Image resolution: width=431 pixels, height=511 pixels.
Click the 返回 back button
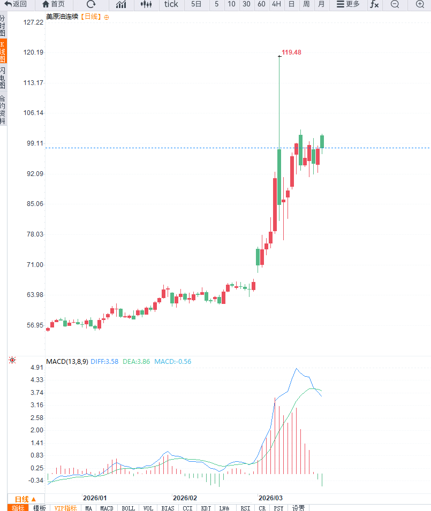pyautogui.click(x=16, y=4)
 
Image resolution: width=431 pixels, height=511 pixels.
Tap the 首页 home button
pyautogui.click(x=54, y=4)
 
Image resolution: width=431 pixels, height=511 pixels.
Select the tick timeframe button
pyautogui.click(x=171, y=4)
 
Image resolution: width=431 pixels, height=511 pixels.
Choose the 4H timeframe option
pyautogui.click(x=276, y=4)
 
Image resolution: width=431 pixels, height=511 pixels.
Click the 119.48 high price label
pyautogui.click(x=291, y=52)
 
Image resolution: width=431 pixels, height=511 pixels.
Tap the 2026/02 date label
pyautogui.click(x=185, y=498)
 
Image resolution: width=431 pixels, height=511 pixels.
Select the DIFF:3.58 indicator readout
pyautogui.click(x=104, y=362)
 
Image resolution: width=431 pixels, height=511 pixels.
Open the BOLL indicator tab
pyautogui.click(x=128, y=508)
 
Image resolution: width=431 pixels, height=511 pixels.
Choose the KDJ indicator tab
pyautogui.click(x=206, y=508)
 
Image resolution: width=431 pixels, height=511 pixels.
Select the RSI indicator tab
pyautogui.click(x=245, y=508)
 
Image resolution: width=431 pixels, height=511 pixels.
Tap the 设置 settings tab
pyautogui.click(x=298, y=508)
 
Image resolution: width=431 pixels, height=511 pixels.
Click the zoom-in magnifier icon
pyautogui.click(x=420, y=4)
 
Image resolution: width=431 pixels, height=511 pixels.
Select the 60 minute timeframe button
pyautogui.click(x=261, y=4)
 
